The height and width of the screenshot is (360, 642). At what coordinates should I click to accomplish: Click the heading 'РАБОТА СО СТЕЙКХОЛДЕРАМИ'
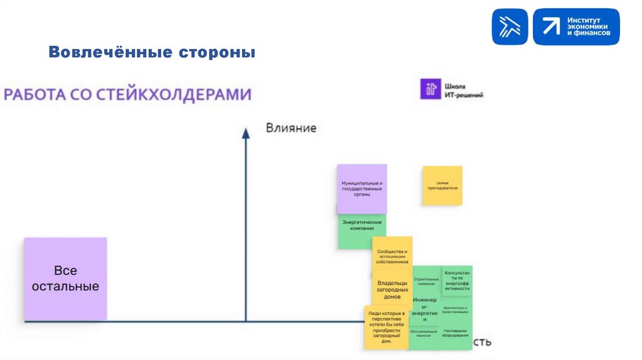click(x=128, y=95)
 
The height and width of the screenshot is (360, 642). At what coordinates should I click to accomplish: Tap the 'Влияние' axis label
click(x=291, y=128)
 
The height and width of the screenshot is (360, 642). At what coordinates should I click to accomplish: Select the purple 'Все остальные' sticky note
click(x=65, y=278)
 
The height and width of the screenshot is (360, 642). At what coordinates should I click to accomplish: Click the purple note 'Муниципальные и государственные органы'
click(x=362, y=189)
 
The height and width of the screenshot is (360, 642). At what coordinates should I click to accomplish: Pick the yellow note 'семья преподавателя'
click(x=442, y=185)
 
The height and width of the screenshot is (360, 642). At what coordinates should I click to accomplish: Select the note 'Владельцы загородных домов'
click(x=392, y=289)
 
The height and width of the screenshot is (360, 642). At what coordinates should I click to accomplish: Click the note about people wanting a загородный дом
click(x=386, y=327)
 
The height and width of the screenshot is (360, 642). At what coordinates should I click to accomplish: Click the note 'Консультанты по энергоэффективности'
click(x=457, y=280)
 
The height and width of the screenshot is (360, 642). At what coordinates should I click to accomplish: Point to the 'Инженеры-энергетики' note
click(x=424, y=309)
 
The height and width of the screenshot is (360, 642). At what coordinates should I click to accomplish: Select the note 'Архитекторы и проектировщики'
click(x=456, y=310)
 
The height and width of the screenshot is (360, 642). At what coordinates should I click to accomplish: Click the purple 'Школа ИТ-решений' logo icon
click(x=429, y=88)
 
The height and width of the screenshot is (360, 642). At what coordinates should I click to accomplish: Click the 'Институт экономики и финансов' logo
click(x=576, y=26)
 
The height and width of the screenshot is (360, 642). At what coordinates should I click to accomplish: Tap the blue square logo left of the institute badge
click(x=509, y=26)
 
